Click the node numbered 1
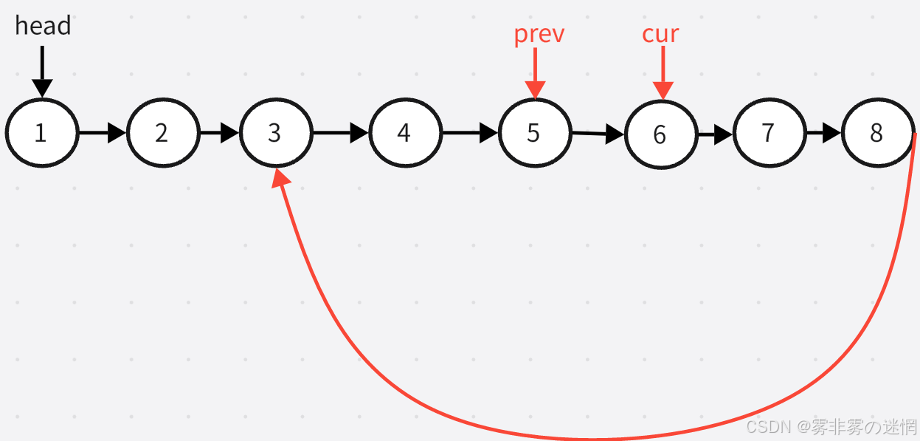pos(42,133)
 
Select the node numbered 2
pos(163,133)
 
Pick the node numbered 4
pos(405,133)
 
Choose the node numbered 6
pos(661,134)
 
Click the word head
pos(43,26)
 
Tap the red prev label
pos(539,34)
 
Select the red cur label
pos(660,34)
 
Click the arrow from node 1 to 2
pos(103,133)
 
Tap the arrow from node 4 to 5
pos(471,133)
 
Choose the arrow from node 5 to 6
pos(598,134)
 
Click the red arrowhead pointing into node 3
pos(280,177)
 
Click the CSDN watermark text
pos(831,427)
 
